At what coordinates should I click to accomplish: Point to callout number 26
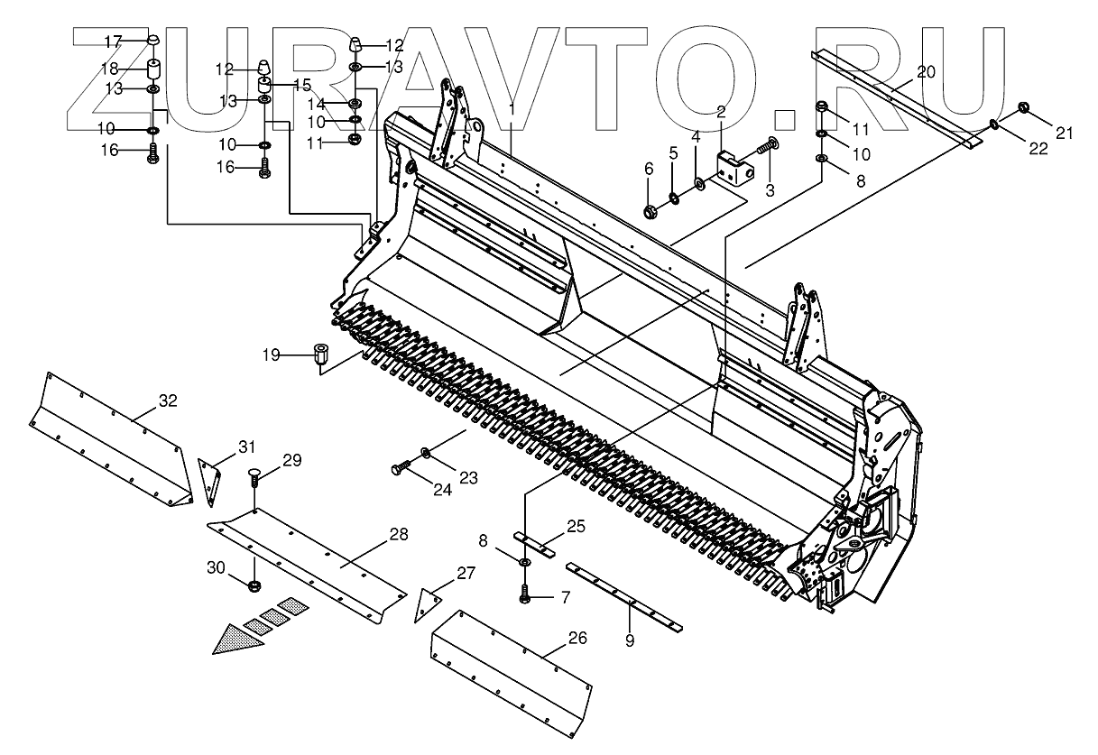(577, 638)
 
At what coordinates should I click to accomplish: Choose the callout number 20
(927, 72)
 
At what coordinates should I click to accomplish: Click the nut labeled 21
(1025, 108)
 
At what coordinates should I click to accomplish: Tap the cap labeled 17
(152, 41)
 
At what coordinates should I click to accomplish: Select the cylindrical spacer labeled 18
(152, 69)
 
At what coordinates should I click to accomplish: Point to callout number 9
(630, 640)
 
